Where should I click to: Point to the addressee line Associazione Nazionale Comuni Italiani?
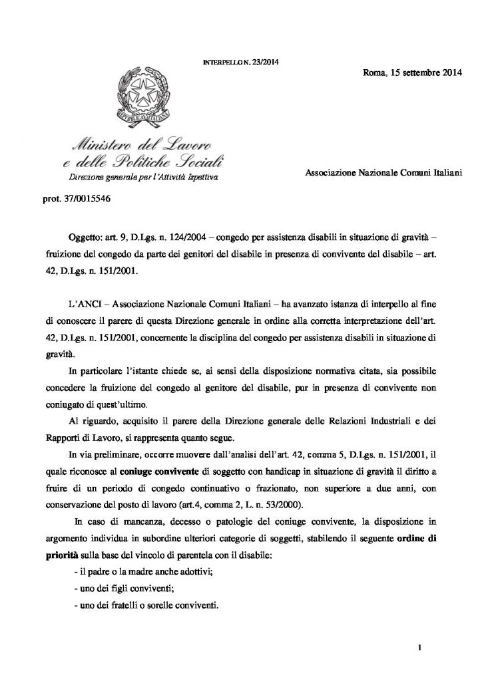[378, 172]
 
